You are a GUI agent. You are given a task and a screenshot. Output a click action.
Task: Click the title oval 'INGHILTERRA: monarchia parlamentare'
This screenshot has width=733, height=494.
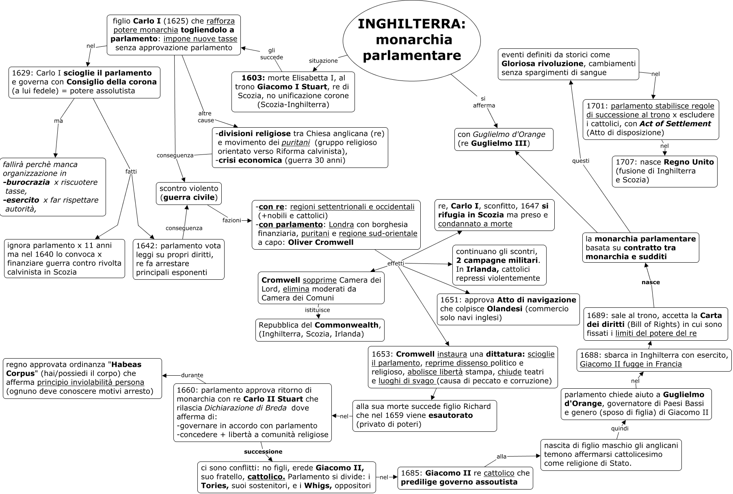pyautogui.click(x=411, y=40)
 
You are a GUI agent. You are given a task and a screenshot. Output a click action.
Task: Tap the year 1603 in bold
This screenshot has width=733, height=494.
pyautogui.click(x=253, y=78)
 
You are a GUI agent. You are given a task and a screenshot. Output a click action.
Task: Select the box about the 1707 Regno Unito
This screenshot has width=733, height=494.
pyautogui.click(x=664, y=171)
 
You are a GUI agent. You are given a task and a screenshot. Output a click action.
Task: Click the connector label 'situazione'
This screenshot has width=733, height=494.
pyautogui.click(x=323, y=61)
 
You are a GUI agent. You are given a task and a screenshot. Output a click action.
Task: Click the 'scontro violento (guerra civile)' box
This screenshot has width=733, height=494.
pyautogui.click(x=189, y=193)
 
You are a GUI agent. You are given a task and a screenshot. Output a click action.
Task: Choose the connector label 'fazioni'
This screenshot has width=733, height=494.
pyautogui.click(x=231, y=220)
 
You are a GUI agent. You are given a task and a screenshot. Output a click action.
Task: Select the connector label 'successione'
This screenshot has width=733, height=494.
pyautogui.click(x=263, y=451)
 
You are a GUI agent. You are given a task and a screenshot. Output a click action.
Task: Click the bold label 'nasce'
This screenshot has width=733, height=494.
pyautogui.click(x=651, y=282)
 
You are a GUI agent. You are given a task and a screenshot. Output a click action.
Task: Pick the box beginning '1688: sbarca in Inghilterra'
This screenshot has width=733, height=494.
pyautogui.click(x=654, y=359)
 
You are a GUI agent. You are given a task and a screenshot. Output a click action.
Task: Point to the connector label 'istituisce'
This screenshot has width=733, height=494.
pyautogui.click(x=317, y=310)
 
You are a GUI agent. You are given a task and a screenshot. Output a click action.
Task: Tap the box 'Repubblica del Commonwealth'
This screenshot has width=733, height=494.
pyautogui.click(x=320, y=329)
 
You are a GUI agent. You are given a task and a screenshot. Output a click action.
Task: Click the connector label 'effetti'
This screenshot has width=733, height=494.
pyautogui.click(x=396, y=263)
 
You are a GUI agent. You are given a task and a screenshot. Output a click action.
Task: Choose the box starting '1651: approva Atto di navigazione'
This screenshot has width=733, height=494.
pyautogui.click(x=508, y=309)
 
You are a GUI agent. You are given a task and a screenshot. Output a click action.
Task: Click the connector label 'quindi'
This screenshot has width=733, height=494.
pyautogui.click(x=620, y=429)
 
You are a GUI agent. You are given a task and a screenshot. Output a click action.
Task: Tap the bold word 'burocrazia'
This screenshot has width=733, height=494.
pyautogui.click(x=27, y=182)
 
